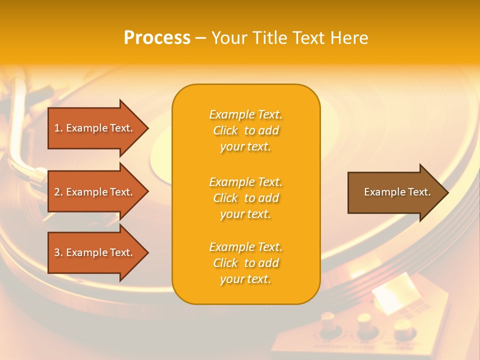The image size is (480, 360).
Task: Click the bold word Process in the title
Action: click(157, 38)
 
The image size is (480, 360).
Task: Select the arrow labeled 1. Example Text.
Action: click(95, 128)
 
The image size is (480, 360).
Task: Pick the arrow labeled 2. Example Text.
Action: click(95, 192)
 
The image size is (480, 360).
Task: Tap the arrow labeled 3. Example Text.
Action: click(95, 252)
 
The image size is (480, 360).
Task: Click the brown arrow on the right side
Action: click(395, 192)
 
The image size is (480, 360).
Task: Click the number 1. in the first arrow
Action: click(58, 128)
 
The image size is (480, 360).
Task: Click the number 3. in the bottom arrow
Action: click(58, 252)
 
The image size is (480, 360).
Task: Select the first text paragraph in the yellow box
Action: click(245, 130)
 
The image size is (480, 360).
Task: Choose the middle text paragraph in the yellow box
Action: click(245, 198)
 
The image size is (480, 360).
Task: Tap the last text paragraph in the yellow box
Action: click(245, 263)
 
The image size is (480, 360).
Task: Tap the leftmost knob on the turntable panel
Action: click(328, 322)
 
